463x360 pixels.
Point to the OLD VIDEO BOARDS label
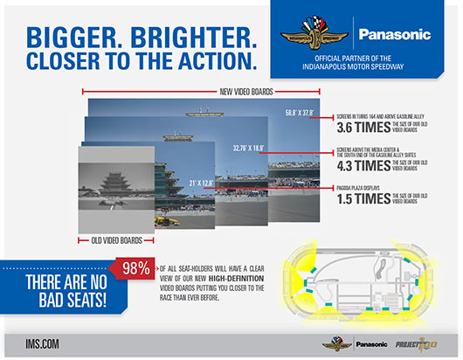click(x=117, y=237)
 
